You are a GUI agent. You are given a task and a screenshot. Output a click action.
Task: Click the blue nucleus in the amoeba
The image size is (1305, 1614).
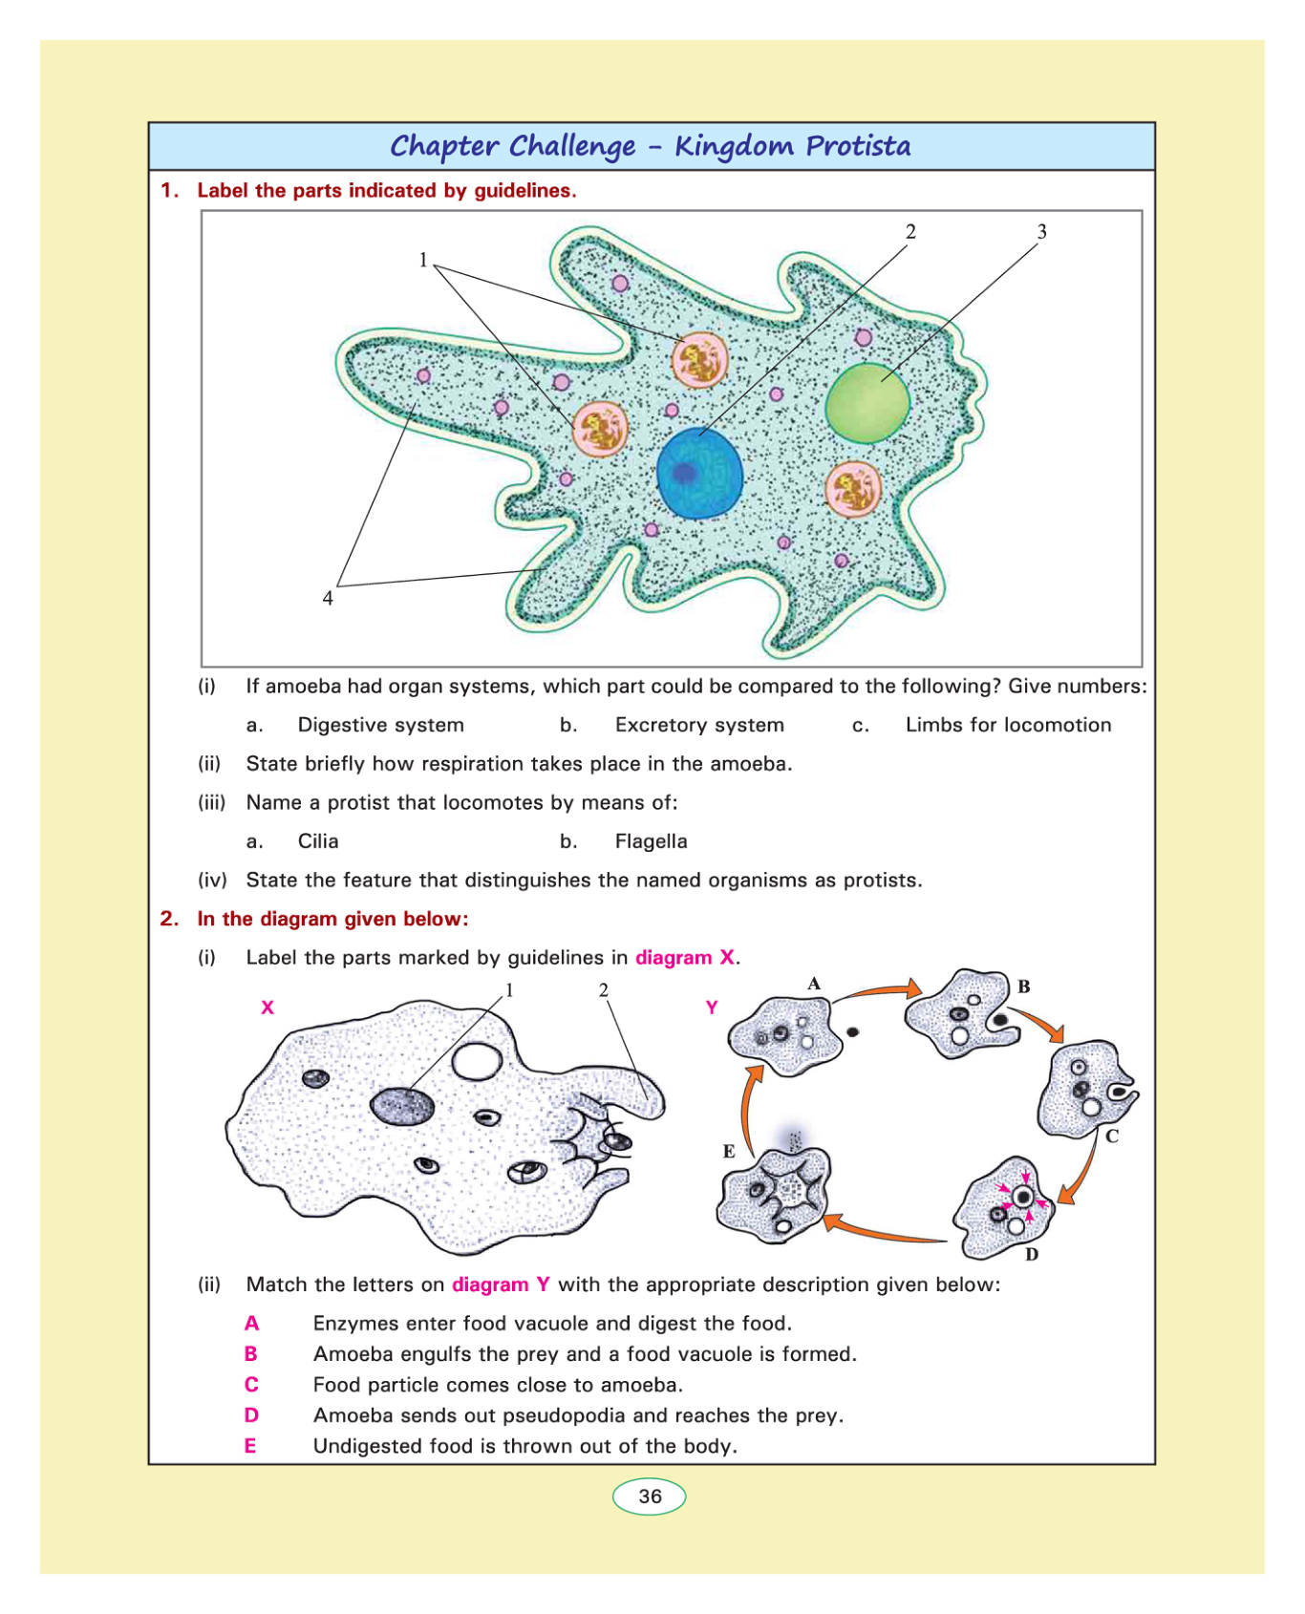point(699,474)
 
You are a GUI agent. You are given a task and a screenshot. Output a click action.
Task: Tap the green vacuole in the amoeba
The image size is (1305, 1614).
point(867,402)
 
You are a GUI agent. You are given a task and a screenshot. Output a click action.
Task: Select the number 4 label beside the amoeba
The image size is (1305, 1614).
point(328,599)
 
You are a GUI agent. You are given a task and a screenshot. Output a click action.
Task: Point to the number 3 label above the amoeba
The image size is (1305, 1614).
point(1041,232)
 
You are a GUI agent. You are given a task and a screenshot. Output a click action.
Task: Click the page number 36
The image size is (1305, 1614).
point(650,1497)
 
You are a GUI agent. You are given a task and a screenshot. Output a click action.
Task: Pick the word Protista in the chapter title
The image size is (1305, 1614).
point(858,146)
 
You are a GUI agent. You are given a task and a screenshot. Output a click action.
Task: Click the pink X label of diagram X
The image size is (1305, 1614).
point(267,1008)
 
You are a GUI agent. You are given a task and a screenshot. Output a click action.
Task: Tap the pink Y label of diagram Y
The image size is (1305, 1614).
point(712,1008)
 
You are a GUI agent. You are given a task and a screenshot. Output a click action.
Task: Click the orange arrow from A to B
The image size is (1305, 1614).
point(879,991)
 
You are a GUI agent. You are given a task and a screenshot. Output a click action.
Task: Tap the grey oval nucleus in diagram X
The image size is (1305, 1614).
point(402,1106)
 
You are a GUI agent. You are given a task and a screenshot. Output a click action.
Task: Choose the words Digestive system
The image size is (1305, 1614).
point(380,725)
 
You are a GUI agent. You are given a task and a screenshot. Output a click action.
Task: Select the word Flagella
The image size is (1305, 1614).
point(651,841)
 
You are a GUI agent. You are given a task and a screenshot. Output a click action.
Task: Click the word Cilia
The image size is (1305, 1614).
point(318,841)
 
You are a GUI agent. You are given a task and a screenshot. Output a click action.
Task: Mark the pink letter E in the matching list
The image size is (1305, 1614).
point(250,1446)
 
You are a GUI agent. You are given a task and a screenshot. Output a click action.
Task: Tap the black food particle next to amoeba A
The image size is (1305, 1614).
point(853,1031)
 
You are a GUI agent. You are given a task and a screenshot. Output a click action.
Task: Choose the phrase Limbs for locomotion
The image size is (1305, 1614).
point(1008,725)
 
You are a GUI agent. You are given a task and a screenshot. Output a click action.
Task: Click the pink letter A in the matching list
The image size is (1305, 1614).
point(251,1324)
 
